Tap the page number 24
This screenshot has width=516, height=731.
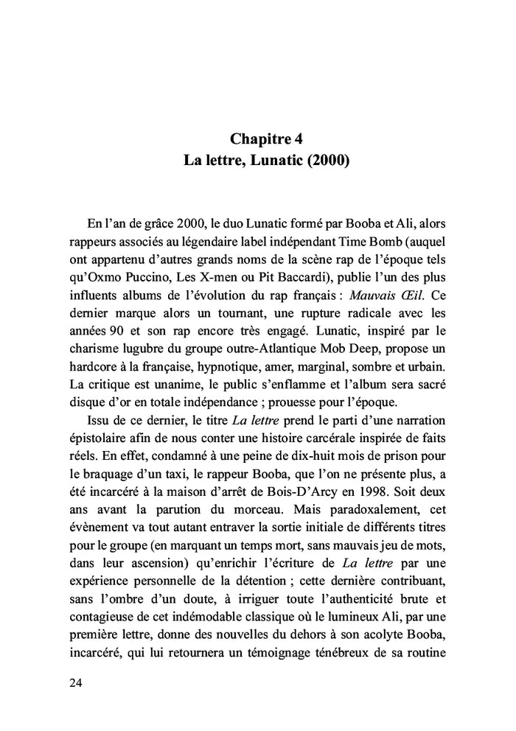[75, 682]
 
